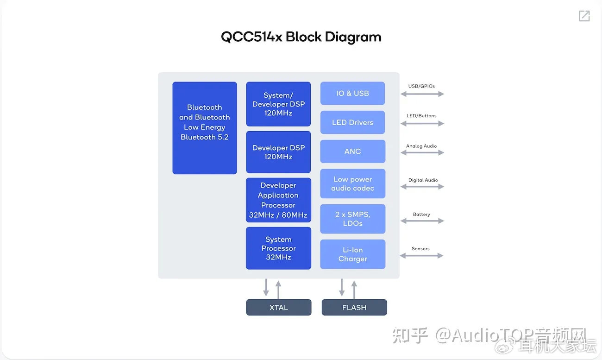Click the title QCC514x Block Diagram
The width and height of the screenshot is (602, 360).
click(301, 37)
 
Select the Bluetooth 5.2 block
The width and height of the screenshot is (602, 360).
click(205, 128)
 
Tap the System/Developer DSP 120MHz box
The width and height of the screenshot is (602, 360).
click(278, 104)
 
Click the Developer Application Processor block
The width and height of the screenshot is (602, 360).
click(278, 200)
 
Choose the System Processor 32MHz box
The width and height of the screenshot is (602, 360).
click(278, 248)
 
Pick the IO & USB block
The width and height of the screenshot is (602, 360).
click(352, 94)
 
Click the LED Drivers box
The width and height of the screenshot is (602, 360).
click(352, 122)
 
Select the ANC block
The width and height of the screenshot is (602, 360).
click(352, 152)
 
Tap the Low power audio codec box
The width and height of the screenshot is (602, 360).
click(352, 184)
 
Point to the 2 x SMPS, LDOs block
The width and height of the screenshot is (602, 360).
click(352, 219)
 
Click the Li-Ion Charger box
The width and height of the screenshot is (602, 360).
click(352, 254)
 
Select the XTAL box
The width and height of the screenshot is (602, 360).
click(279, 308)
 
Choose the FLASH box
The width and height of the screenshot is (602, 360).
click(354, 308)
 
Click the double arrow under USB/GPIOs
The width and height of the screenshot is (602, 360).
click(422, 94)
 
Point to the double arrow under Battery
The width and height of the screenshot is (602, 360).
click(422, 221)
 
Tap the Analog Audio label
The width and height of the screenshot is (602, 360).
click(421, 146)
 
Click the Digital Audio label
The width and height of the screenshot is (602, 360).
click(423, 180)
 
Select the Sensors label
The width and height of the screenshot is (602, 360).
click(420, 249)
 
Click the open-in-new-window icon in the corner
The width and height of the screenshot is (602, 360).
click(584, 16)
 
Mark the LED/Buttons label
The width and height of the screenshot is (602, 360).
click(421, 116)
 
